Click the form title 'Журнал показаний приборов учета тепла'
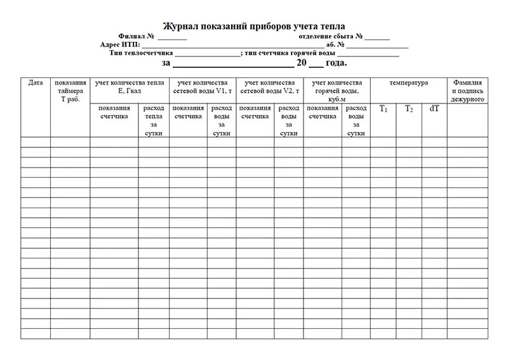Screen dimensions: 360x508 [254, 26]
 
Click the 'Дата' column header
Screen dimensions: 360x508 [36, 83]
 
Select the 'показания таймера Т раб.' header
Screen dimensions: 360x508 [70, 91]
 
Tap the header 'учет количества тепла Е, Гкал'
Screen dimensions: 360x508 [129, 87]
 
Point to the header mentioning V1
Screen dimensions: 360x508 [202, 87]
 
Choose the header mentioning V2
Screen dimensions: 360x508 [269, 87]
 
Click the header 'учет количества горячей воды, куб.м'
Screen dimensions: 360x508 [337, 91]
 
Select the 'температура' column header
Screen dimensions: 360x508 [408, 83]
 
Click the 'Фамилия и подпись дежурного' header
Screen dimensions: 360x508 [468, 91]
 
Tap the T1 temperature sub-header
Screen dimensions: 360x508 [384, 109]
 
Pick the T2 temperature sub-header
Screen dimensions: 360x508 [409, 109]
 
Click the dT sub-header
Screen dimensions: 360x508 [434, 109]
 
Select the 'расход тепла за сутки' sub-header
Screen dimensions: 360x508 [154, 121]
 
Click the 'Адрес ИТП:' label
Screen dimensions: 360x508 [120, 45]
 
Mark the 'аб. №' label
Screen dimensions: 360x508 [335, 45]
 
